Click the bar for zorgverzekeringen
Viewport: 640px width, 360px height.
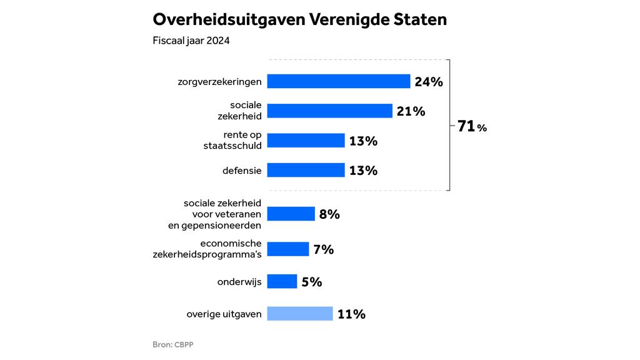coord(338,81)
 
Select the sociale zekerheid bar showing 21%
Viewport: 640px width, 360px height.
coord(329,111)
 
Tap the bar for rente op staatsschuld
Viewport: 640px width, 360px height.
coord(306,141)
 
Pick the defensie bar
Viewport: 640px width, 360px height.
coord(306,170)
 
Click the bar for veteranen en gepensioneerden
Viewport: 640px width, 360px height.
coord(291,214)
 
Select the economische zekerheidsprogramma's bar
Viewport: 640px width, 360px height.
coord(287,249)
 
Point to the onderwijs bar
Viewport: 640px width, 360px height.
coord(282,281)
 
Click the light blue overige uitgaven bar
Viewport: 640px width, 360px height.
coord(299,314)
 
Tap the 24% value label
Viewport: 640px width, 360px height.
coord(428,82)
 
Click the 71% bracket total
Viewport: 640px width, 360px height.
coord(471,126)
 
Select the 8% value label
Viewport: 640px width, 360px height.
coord(329,214)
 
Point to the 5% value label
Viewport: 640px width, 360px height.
coord(311,282)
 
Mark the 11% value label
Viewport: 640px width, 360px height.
coord(351,314)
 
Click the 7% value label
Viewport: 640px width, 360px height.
coord(324,250)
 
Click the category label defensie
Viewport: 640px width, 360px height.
coord(242,170)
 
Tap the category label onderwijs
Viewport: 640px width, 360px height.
coord(239,281)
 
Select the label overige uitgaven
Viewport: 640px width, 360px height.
coord(224,314)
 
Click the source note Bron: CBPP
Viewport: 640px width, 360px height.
coord(177,344)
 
